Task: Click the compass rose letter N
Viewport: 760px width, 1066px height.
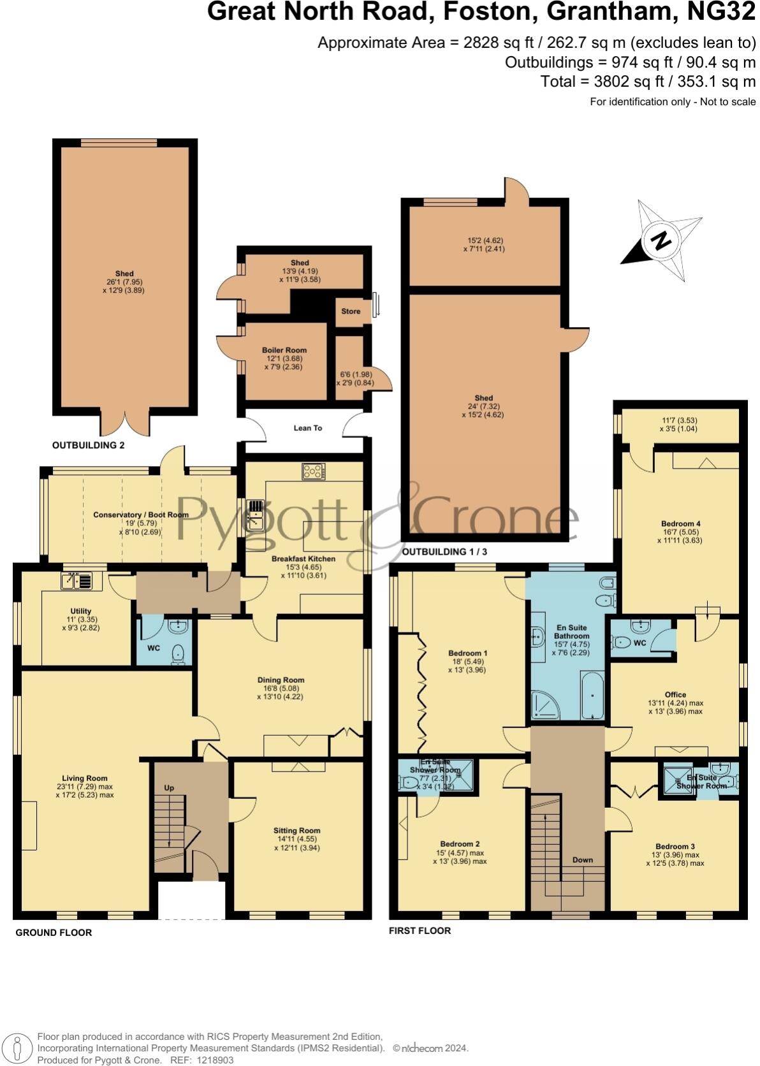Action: point(661,241)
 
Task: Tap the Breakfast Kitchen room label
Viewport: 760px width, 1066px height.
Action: point(303,559)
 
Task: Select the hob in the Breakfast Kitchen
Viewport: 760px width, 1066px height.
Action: point(314,472)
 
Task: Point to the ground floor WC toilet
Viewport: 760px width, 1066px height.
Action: point(178,654)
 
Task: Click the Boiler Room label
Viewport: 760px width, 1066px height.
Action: point(284,350)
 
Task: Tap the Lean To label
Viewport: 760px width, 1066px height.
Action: point(307,428)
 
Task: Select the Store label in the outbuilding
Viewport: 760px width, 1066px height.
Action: point(351,312)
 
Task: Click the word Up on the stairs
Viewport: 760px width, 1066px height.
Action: point(169,788)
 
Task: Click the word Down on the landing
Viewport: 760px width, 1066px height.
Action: point(582,859)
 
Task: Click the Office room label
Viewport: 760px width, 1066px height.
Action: point(675,694)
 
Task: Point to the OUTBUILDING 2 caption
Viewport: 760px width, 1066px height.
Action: point(88,445)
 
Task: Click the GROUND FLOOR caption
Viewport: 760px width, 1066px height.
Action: point(54,932)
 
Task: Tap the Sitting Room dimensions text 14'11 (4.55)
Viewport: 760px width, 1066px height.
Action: point(296,839)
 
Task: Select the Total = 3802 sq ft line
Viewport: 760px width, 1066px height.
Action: point(647,82)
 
